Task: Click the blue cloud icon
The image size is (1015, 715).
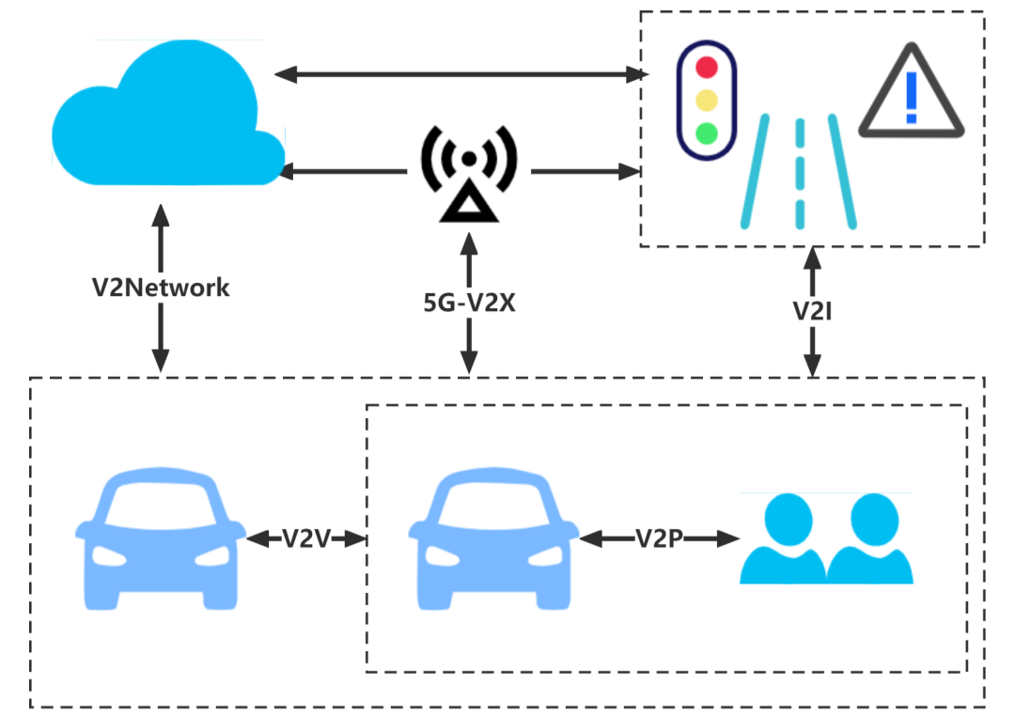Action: [164, 117]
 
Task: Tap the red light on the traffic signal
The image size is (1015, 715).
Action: [707, 69]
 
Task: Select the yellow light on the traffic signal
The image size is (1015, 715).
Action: [707, 101]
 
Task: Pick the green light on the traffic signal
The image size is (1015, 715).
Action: [707, 132]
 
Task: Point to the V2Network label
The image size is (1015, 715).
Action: [161, 288]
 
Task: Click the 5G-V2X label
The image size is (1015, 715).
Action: [468, 303]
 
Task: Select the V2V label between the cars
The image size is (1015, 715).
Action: [306, 538]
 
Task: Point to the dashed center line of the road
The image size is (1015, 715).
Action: [800, 174]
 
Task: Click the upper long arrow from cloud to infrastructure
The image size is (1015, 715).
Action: [456, 73]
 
